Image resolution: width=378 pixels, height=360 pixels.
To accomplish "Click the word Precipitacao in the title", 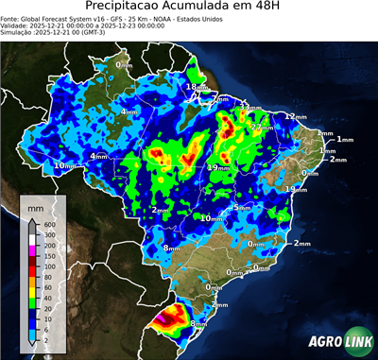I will [131, 9].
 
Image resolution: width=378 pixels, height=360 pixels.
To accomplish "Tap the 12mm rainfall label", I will [296, 116].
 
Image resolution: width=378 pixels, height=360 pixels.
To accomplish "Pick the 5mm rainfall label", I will [243, 207].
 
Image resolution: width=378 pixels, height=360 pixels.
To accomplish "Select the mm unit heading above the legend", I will [36, 206].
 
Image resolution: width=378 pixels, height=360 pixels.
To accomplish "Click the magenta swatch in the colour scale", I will [34, 247].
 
